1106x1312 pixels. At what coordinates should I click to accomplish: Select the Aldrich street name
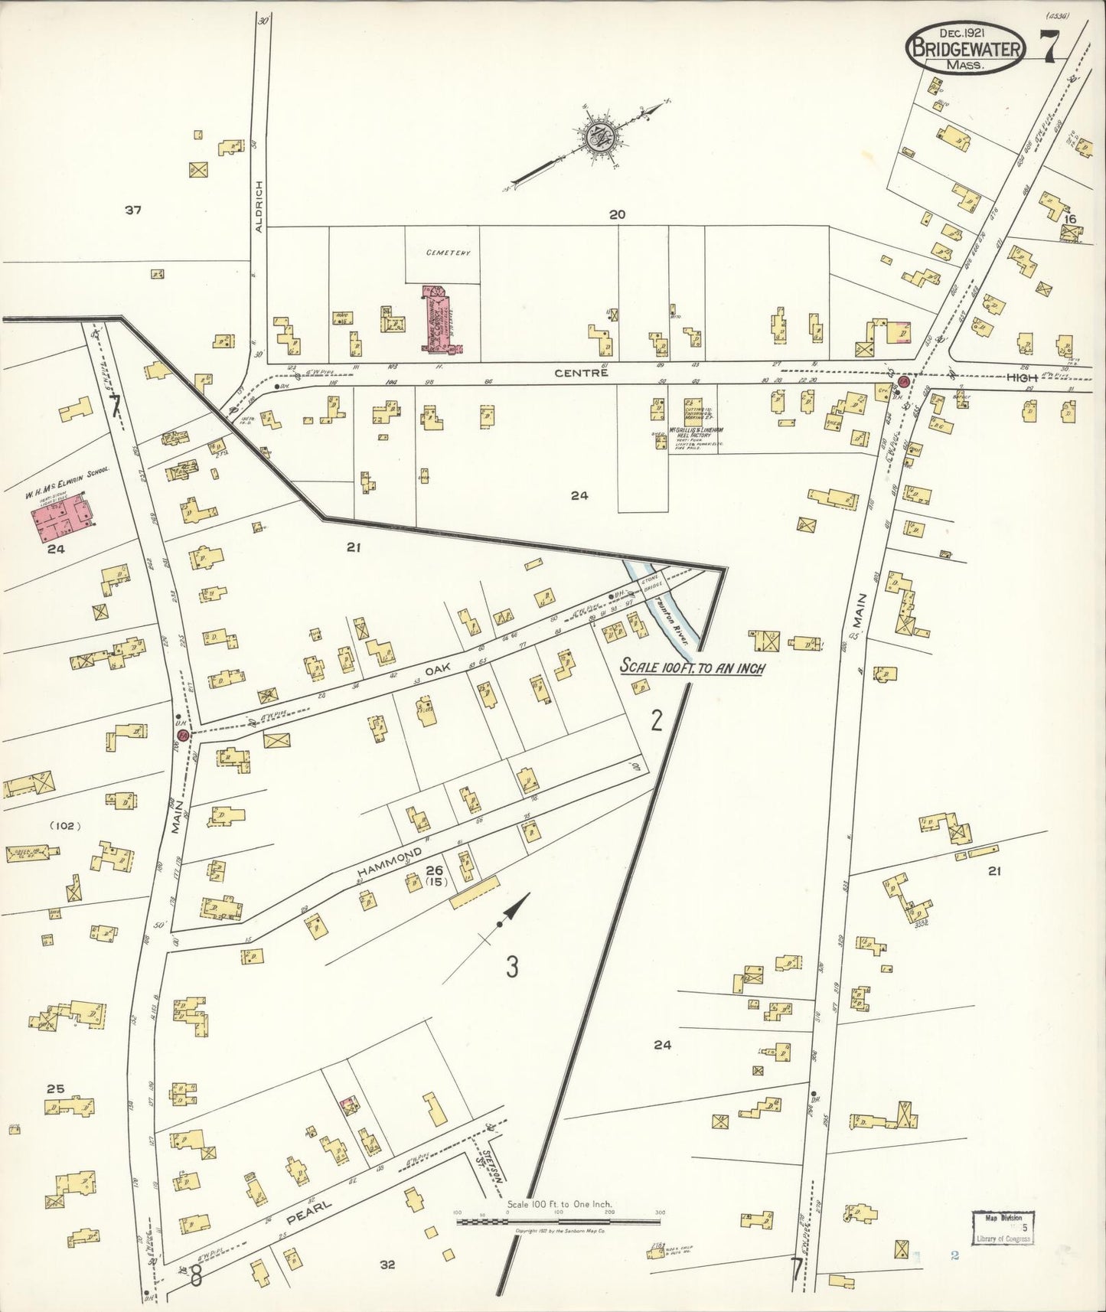coord(259,206)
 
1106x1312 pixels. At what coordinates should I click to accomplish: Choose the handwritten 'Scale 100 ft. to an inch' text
coord(693,666)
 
